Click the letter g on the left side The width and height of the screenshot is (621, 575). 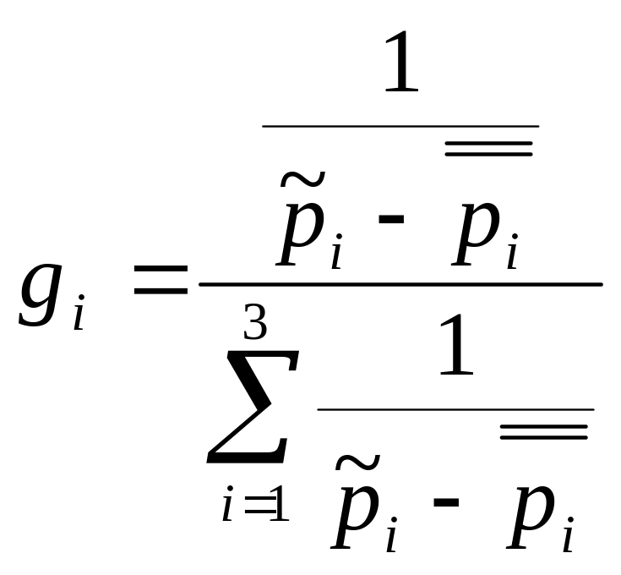[x=41, y=295]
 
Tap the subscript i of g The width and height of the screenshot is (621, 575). [x=79, y=312]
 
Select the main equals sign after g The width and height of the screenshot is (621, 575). [x=161, y=280]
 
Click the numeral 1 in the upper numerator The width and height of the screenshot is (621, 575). [x=401, y=62]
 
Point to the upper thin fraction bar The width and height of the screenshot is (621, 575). [x=400, y=126]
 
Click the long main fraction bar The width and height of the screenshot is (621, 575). [x=400, y=284]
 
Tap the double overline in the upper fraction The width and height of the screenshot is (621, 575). [x=488, y=149]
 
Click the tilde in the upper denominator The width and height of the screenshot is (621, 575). [x=303, y=179]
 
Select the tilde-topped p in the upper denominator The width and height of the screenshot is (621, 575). [x=301, y=233]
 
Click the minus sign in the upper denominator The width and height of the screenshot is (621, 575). [x=391, y=219]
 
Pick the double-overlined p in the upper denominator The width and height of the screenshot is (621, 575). [x=476, y=233]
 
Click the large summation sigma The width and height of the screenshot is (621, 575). [x=253, y=407]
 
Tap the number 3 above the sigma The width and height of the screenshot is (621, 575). [x=255, y=321]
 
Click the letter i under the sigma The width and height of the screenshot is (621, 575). [x=228, y=503]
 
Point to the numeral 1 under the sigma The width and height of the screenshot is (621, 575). [x=281, y=503]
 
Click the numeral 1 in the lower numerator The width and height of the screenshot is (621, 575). [x=456, y=345]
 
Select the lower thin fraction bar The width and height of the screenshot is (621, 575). [x=456, y=409]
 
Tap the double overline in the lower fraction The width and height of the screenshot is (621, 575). [x=544, y=432]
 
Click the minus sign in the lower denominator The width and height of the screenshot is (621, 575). [x=446, y=502]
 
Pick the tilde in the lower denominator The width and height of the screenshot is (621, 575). [x=358, y=463]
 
